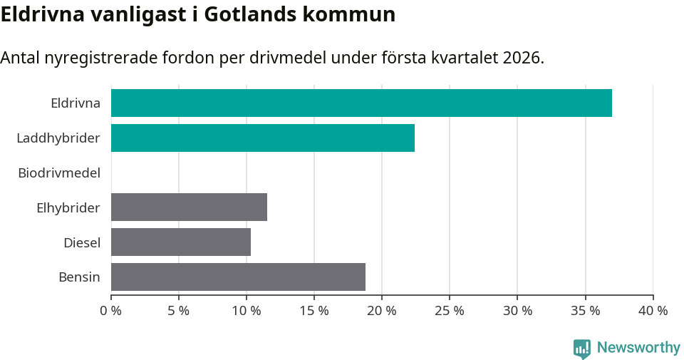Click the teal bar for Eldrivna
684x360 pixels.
tap(361, 103)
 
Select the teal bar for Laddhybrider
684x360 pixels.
tap(263, 138)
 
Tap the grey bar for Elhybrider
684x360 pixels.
tap(189, 207)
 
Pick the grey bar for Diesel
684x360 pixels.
tap(181, 242)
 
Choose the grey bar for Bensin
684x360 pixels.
tap(238, 277)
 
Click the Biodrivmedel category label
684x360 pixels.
tap(59, 173)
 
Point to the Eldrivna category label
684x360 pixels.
tap(76, 103)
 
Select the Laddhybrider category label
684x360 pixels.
tap(58, 138)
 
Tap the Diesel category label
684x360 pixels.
tap(82, 242)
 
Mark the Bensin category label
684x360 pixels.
tap(79, 277)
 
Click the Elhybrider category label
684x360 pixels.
tap(68, 207)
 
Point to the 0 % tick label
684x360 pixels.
tap(111, 311)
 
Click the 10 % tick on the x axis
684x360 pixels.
tap(247, 311)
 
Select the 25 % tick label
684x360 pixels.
tap(450, 311)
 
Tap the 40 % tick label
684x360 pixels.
tap(653, 311)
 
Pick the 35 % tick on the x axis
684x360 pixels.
tap(585, 311)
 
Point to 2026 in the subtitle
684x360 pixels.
tap(522, 58)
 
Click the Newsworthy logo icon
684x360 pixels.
tap(582, 348)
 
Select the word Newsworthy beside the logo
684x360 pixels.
tap(638, 348)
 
